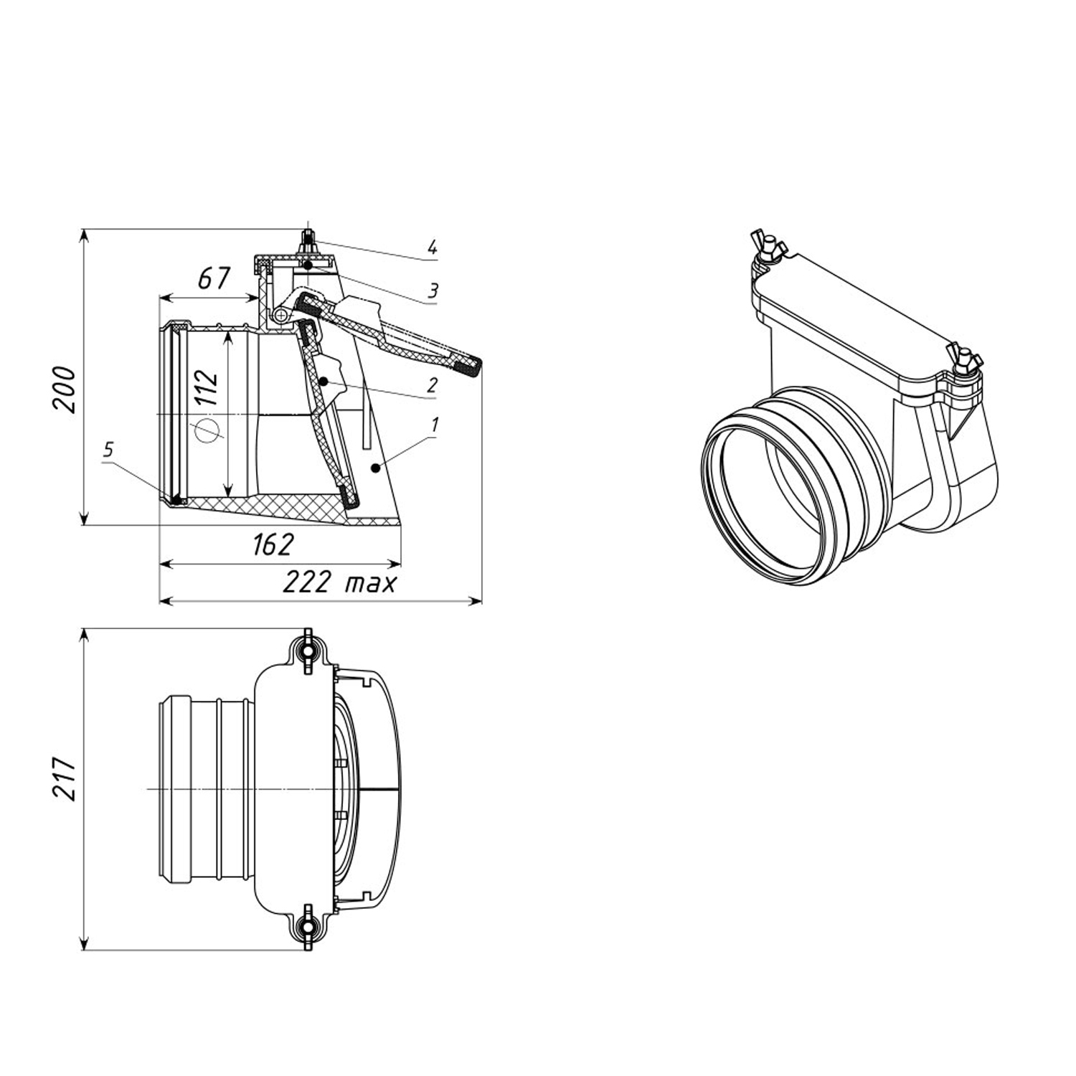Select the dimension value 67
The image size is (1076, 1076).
point(213,278)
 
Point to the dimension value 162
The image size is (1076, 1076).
point(273,545)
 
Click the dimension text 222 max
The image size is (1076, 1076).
point(339,582)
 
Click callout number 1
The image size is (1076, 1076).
point(434,425)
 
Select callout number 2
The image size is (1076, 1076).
point(431,386)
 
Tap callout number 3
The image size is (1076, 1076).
point(433,291)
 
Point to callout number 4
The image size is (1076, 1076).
point(432,248)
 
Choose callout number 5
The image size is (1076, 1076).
point(108,450)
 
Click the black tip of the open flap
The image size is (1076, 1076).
point(469,367)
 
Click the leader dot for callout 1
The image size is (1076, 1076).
point(374,468)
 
